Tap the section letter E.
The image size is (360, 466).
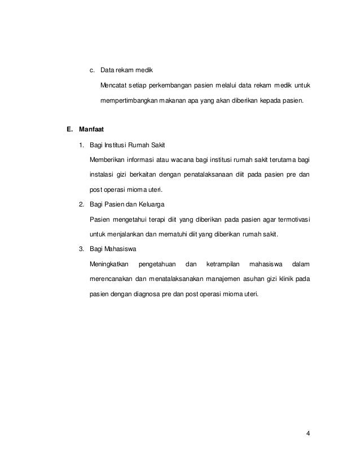(69, 129)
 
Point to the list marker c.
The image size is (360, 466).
(92, 71)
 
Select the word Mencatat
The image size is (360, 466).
(115, 86)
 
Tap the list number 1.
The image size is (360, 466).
(81, 146)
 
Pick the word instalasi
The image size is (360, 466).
(103, 175)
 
